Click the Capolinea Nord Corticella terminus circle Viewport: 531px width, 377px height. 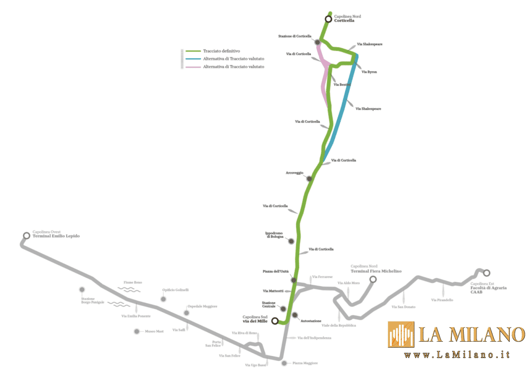click(328, 19)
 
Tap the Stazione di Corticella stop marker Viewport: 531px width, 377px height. click(317, 42)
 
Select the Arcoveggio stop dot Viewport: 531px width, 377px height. click(309, 179)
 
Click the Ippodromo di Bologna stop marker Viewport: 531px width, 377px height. click(291, 241)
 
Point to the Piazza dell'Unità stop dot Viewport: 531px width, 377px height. click(293, 280)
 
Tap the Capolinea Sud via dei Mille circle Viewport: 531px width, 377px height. click(275, 321)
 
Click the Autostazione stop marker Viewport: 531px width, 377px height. click(296, 315)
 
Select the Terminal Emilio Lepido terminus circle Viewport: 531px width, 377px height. click(27, 236)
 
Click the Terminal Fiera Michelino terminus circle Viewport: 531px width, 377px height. click(373, 279)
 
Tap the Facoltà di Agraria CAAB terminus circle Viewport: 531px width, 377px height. click(487, 273)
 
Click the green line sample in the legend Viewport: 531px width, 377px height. click(193, 51)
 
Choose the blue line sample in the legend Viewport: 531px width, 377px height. click(193, 59)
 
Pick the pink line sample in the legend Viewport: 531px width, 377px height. click(193, 67)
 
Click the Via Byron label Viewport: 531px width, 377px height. click(369, 72)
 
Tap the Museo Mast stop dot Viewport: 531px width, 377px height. click(137, 331)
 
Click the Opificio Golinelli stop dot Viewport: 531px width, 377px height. click(163, 299)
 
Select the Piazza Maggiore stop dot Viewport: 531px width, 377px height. click(284, 363)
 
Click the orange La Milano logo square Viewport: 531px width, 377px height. click(401, 334)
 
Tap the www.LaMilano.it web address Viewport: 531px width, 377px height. click(457, 354)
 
